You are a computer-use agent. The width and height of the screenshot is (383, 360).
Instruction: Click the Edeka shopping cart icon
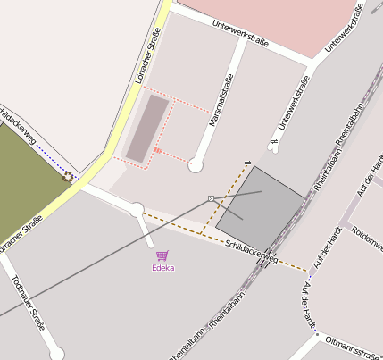click(x=162, y=256)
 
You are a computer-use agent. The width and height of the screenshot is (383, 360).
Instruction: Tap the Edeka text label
click(x=162, y=268)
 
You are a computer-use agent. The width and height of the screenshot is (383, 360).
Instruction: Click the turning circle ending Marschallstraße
click(x=196, y=165)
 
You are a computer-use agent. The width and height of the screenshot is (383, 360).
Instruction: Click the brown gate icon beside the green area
click(x=67, y=176)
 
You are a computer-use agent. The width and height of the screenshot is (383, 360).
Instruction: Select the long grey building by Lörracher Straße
click(x=146, y=129)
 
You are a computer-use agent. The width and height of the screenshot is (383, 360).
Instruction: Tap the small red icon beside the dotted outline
click(x=157, y=151)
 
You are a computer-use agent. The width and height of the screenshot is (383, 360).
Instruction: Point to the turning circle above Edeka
click(x=137, y=210)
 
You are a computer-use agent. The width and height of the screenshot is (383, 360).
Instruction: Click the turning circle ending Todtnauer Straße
click(x=57, y=355)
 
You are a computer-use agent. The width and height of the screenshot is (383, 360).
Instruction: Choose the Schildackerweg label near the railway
click(x=252, y=253)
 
